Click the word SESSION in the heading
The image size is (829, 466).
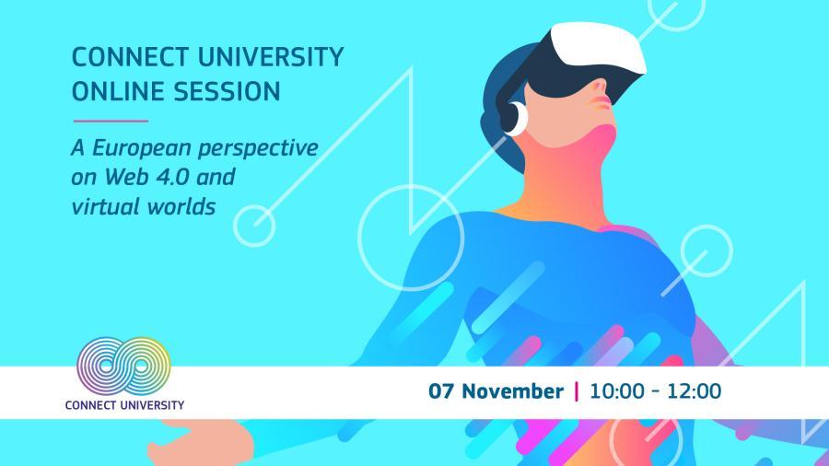[228, 91]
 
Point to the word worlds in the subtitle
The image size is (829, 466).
[181, 205]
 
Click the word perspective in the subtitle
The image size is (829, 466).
[258, 149]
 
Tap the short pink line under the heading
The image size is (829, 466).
[111, 121]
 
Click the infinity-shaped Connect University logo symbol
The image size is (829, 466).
[123, 367]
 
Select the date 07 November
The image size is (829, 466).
[496, 391]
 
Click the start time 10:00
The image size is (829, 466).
[616, 391]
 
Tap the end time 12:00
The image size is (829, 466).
[694, 391]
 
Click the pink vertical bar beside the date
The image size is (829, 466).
[577, 391]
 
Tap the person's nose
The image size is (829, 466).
[601, 87]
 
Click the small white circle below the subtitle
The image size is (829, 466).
[254, 226]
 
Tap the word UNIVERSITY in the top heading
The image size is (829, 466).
[271, 57]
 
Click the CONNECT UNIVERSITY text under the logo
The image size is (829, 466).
[124, 405]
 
